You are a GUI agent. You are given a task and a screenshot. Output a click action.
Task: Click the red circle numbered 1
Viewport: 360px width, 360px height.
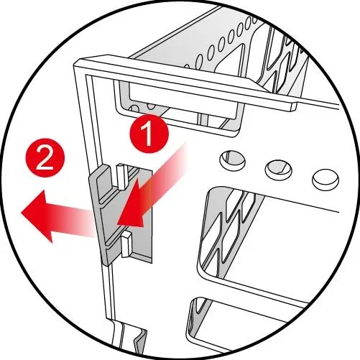pyautogui.click(x=149, y=134)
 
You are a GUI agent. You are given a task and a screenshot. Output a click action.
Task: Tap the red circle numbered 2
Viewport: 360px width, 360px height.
pyautogui.click(x=45, y=157)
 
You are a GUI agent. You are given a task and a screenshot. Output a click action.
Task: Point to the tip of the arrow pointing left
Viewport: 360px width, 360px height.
pyautogui.click(x=22, y=212)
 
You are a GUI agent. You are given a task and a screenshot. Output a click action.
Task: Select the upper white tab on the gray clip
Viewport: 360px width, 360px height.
pyautogui.click(x=122, y=176)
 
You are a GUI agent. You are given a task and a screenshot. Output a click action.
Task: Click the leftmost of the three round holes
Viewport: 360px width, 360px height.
pyautogui.click(x=232, y=160)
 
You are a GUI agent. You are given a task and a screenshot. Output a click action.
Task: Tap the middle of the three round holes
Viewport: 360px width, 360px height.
pyautogui.click(x=279, y=170)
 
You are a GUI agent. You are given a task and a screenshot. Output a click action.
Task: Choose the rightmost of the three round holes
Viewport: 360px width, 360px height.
pyautogui.click(x=326, y=180)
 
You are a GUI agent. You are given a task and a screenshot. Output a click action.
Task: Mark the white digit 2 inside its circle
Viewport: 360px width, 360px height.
pyautogui.click(x=45, y=158)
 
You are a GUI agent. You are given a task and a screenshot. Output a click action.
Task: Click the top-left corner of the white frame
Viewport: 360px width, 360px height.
pyautogui.click(x=75, y=63)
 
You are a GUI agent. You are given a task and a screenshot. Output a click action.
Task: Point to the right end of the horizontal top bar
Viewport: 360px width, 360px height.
pyautogui.click(x=293, y=107)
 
